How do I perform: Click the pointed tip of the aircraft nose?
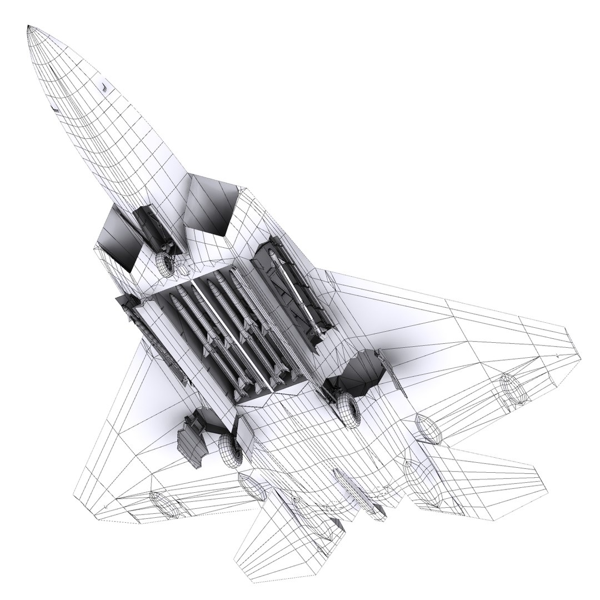pyautogui.click(x=29, y=27)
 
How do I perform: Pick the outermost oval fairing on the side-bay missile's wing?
pyautogui.click(x=514, y=389)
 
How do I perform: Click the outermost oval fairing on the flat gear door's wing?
pyautogui.click(x=164, y=503)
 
